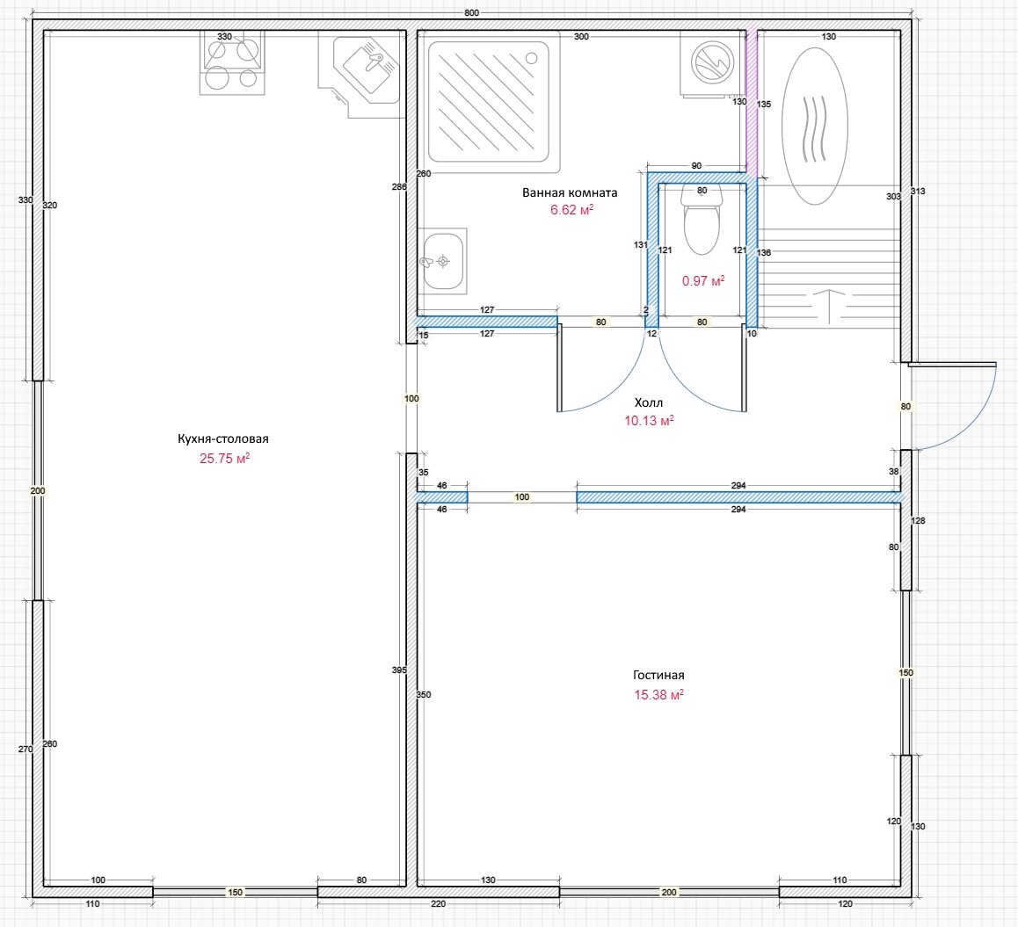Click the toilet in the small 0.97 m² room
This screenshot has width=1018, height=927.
(702, 220)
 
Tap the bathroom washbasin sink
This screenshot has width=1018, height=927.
(443, 261)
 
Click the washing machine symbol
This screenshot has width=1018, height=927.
(712, 63)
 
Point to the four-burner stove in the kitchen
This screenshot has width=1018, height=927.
(232, 63)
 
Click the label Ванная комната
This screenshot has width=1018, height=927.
(570, 192)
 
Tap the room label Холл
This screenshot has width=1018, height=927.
(649, 402)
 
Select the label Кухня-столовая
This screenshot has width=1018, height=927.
(223, 438)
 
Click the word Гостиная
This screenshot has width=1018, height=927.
(658, 675)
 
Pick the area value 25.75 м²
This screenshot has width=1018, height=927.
(225, 458)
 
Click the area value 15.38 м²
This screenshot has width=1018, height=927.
(658, 694)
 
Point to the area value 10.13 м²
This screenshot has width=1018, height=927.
(649, 420)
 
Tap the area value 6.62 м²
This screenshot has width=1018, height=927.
(571, 209)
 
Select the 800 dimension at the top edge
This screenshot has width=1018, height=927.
(472, 13)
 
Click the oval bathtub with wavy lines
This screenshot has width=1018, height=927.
(815, 126)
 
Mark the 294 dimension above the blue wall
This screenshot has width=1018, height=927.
(738, 485)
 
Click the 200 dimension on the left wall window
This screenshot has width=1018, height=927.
(38, 490)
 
